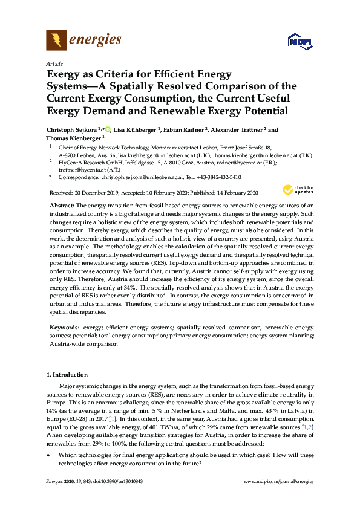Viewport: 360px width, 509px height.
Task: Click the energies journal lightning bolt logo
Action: click(57, 41)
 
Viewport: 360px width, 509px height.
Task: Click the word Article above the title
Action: click(55, 63)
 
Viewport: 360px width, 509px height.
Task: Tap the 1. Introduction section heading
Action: click(69, 375)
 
